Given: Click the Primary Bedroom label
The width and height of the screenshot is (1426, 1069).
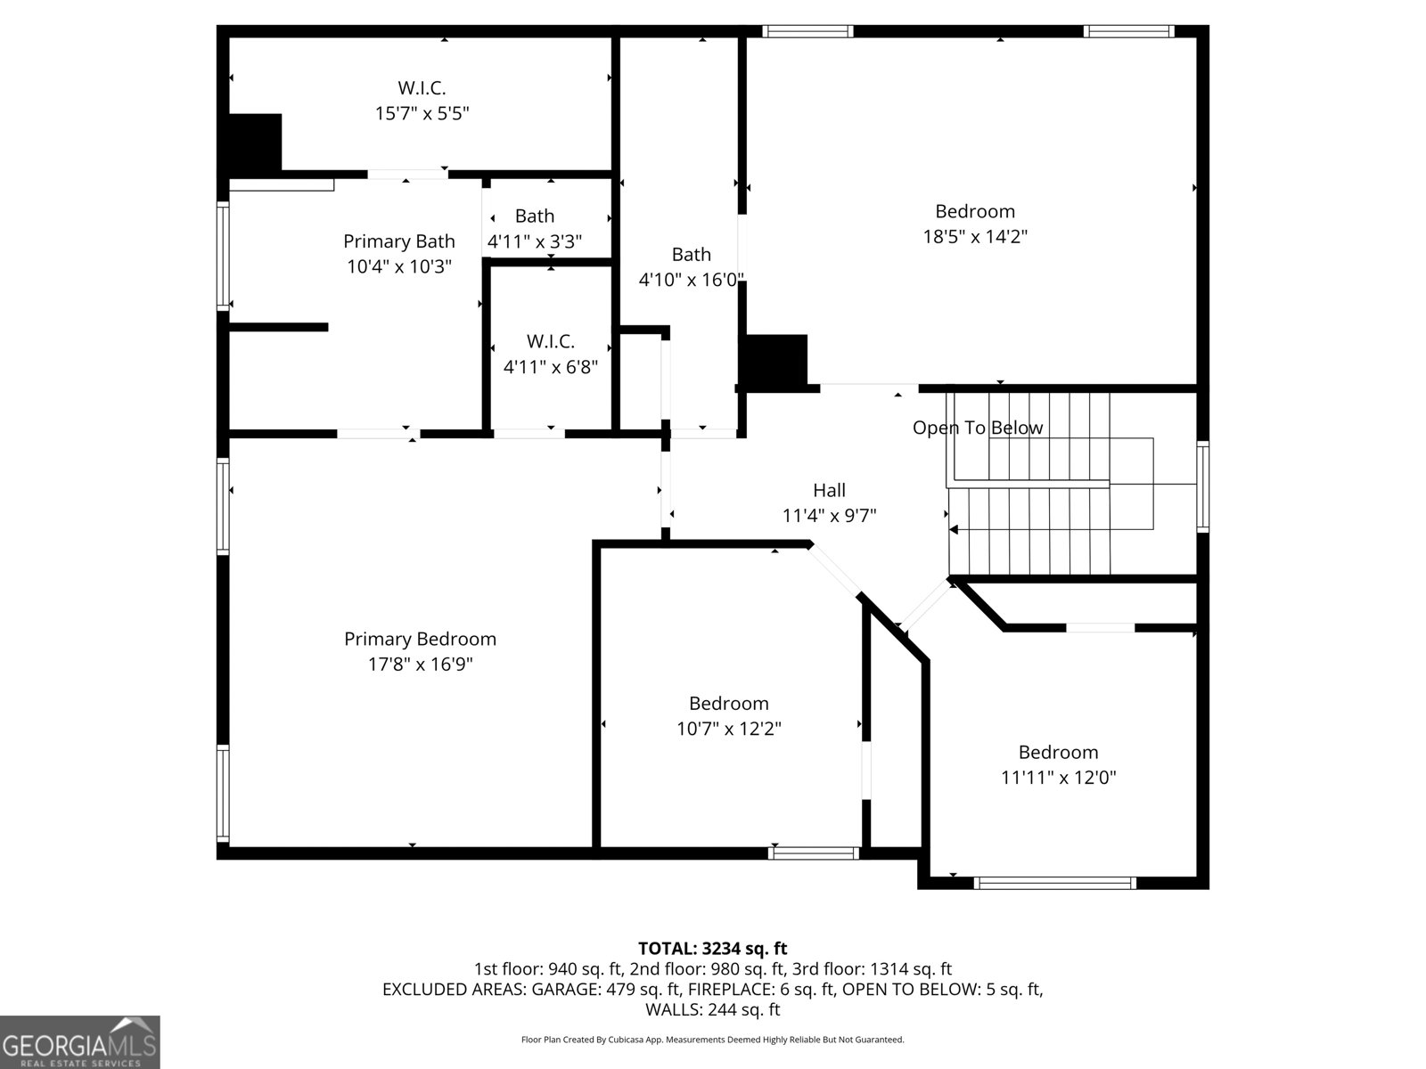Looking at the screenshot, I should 420,639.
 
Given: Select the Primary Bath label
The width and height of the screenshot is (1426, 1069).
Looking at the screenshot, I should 398,241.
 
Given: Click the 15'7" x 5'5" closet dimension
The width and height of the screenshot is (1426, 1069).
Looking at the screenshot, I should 422,113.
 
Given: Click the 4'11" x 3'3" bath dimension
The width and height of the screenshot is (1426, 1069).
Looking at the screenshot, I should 534,241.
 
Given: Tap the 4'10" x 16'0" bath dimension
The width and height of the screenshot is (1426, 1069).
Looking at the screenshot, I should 691,280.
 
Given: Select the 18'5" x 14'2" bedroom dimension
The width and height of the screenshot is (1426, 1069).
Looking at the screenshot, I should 974,237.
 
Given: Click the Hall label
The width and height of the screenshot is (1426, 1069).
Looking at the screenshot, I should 829,490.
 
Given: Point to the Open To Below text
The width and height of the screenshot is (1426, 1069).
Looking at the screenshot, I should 977,428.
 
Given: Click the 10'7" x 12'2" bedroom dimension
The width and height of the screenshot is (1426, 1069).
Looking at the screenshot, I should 728,729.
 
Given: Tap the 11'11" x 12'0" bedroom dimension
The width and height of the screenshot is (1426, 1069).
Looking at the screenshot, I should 1058,778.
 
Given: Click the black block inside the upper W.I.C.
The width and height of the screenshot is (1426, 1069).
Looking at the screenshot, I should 255,143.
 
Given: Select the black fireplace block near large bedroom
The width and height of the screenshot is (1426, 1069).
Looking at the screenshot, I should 775,362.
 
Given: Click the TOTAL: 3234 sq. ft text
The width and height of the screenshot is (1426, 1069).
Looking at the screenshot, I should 712,949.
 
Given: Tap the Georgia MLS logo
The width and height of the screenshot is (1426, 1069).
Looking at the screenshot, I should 79,1041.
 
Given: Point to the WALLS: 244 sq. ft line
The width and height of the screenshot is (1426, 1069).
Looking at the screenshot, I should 712,1009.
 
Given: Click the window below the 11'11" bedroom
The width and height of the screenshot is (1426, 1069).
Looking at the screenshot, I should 1055,883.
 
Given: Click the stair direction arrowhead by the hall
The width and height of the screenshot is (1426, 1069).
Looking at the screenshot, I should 954,530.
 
